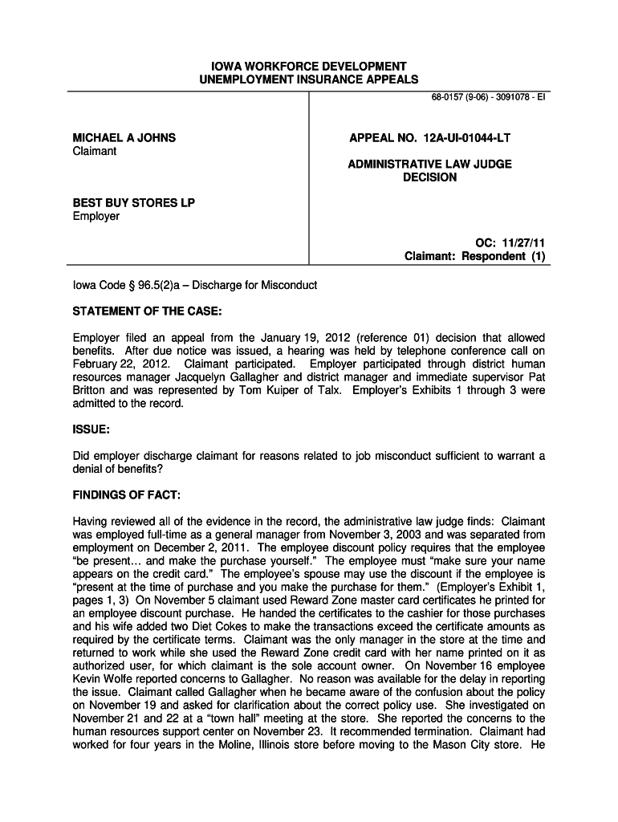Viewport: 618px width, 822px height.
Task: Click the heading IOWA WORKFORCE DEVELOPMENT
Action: point(309,66)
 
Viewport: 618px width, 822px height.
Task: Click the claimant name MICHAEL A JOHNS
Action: point(124,138)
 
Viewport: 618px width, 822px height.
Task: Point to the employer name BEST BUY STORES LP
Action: point(134,203)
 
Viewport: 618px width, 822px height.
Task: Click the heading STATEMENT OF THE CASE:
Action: point(147,311)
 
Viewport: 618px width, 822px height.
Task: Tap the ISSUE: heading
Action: point(91,429)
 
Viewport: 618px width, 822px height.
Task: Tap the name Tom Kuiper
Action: point(271,390)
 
